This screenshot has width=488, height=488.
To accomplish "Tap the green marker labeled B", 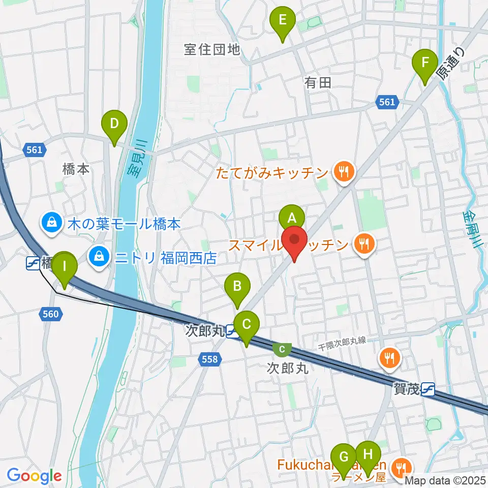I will [237, 286].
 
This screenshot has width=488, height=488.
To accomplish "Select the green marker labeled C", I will [247, 324].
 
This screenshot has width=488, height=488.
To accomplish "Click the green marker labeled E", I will [283, 21].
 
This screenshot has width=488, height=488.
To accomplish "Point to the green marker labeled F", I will [426, 64].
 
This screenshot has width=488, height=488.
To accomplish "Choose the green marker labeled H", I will [368, 453].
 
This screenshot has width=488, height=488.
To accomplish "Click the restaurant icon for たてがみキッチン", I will [344, 173].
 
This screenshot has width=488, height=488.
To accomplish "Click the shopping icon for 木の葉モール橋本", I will [51, 222].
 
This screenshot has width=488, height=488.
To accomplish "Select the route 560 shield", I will [51, 315].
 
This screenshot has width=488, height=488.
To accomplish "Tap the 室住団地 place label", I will [212, 49].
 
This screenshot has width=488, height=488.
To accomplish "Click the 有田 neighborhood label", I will [318, 82].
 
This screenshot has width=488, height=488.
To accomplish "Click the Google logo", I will [35, 476].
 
